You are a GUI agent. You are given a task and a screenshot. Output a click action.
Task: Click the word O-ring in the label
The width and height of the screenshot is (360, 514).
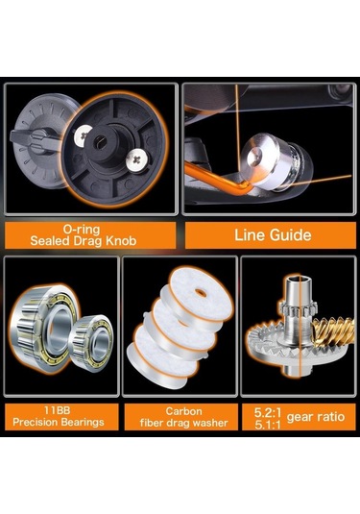[82, 229]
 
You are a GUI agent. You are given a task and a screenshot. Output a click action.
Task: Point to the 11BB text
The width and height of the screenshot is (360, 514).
[57, 410]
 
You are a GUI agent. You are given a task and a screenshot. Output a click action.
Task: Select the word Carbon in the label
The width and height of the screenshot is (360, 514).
[183, 411]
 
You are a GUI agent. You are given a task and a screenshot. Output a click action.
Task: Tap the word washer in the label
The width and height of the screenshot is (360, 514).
[210, 423]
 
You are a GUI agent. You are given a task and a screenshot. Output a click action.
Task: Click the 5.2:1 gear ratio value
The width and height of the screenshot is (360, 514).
[268, 412]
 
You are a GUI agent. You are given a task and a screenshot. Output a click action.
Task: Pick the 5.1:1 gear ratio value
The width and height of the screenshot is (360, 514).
[268, 425]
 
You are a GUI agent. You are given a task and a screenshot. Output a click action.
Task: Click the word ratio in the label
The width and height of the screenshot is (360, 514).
[330, 417]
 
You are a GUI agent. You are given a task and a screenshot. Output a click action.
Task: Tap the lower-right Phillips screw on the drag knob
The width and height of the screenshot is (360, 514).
[137, 160]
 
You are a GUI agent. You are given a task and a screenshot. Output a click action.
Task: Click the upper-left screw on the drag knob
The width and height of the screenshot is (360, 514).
[83, 134]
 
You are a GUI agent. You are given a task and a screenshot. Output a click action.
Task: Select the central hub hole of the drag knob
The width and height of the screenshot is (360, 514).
[99, 142]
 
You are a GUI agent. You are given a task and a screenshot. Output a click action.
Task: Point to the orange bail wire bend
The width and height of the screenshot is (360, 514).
[244, 189]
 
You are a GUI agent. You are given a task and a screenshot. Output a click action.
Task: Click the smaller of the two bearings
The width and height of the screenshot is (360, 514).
[92, 338]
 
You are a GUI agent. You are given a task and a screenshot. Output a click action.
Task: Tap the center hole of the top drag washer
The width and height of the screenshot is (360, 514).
[201, 293]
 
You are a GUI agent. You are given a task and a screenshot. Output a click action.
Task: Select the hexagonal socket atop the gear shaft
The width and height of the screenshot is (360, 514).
[297, 280]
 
